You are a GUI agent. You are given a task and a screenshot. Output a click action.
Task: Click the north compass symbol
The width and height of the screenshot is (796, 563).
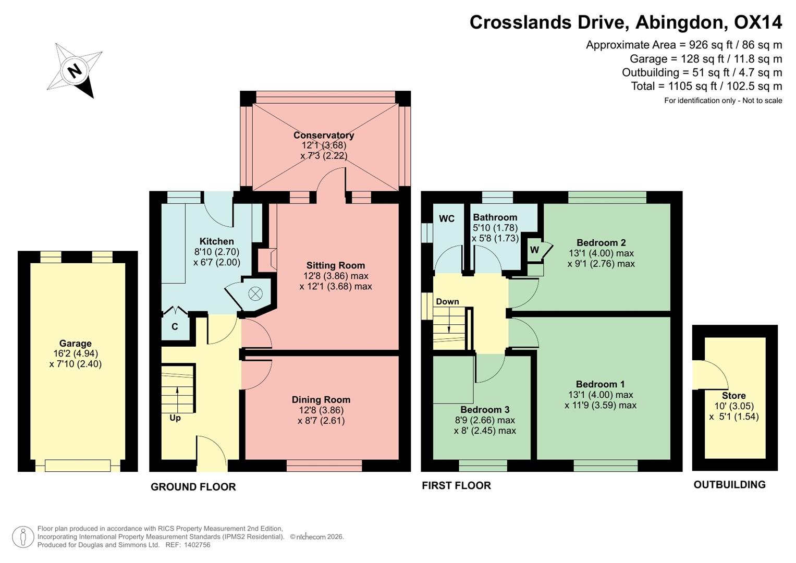pyautogui.click(x=75, y=70)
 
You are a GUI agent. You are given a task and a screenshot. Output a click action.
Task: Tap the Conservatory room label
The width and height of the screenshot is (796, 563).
pyautogui.click(x=324, y=136)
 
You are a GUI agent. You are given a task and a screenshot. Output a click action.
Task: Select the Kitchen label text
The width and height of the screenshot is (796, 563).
pyautogui.click(x=217, y=241)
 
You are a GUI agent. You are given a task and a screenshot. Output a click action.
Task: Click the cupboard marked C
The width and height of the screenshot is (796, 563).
pyautogui.click(x=175, y=327)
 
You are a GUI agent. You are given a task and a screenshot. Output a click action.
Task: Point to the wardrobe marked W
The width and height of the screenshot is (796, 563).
pyautogui.click(x=534, y=250)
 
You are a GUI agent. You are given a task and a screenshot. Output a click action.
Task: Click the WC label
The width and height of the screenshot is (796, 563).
pyautogui.click(x=447, y=218)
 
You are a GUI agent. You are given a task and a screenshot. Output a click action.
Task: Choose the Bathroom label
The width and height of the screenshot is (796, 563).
pyautogui.click(x=495, y=217)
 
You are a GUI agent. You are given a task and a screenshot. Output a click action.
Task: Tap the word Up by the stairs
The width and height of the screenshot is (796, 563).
pyautogui.click(x=175, y=418)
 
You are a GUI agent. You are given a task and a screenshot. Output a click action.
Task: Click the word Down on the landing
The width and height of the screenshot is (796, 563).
pyautogui.click(x=447, y=302)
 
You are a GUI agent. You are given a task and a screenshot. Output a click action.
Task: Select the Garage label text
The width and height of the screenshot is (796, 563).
pyautogui.click(x=76, y=344)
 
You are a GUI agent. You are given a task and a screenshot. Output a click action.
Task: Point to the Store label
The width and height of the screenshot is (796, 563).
pyautogui.click(x=733, y=396)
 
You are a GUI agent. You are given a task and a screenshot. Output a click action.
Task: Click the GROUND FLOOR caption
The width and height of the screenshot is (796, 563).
pyautogui.click(x=193, y=487)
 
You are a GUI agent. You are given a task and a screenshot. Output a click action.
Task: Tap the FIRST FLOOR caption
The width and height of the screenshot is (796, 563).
pyautogui.click(x=456, y=486)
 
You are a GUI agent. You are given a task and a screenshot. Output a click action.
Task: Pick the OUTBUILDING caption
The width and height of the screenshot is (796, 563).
pyautogui.click(x=729, y=485)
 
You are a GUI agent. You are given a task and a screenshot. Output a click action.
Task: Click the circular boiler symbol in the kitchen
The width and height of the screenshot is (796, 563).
pyautogui.click(x=255, y=293)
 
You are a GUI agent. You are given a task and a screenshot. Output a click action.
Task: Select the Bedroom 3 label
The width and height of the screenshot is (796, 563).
pyautogui.click(x=485, y=410)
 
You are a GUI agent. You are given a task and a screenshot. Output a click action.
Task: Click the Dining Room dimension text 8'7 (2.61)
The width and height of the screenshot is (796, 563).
pyautogui.click(x=321, y=421)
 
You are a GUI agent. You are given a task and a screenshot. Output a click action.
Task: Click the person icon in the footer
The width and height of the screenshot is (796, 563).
pyautogui.click(x=22, y=537)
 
